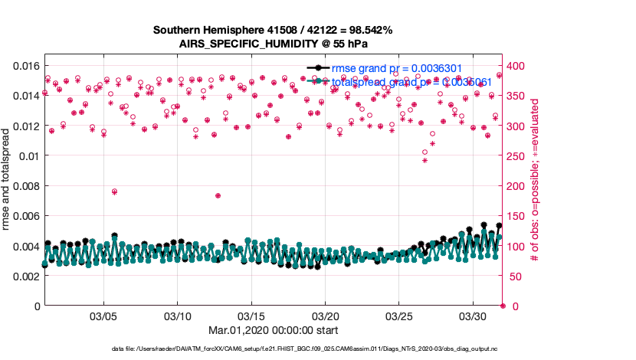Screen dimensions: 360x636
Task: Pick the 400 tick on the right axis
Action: coord(515,66)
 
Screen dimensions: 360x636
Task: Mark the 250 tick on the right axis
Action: coord(515,155)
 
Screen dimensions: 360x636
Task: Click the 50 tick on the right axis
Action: coord(512,276)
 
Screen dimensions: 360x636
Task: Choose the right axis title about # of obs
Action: coord(536,179)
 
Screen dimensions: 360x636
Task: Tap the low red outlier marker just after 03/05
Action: coord(114,191)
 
